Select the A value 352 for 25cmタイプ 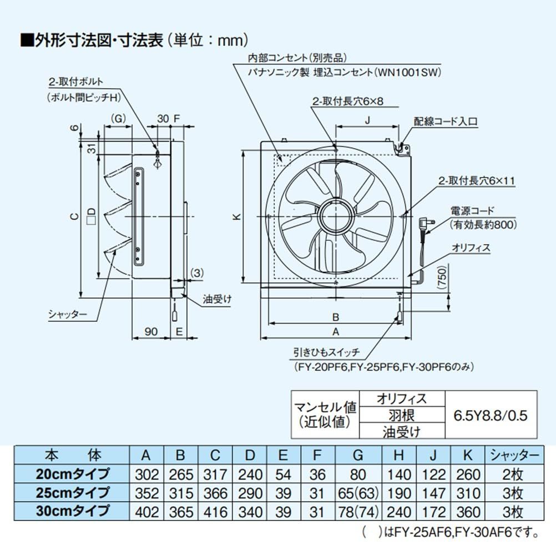tap(146, 492)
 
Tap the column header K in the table tap(467, 456)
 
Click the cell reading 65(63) tap(358, 492)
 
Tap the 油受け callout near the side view tap(217, 299)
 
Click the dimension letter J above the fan tap(368, 118)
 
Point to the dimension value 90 tap(150, 331)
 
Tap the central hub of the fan tap(336, 214)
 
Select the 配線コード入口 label tap(446, 120)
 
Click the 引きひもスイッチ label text tap(327, 352)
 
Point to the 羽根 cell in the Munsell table tap(402, 415)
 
